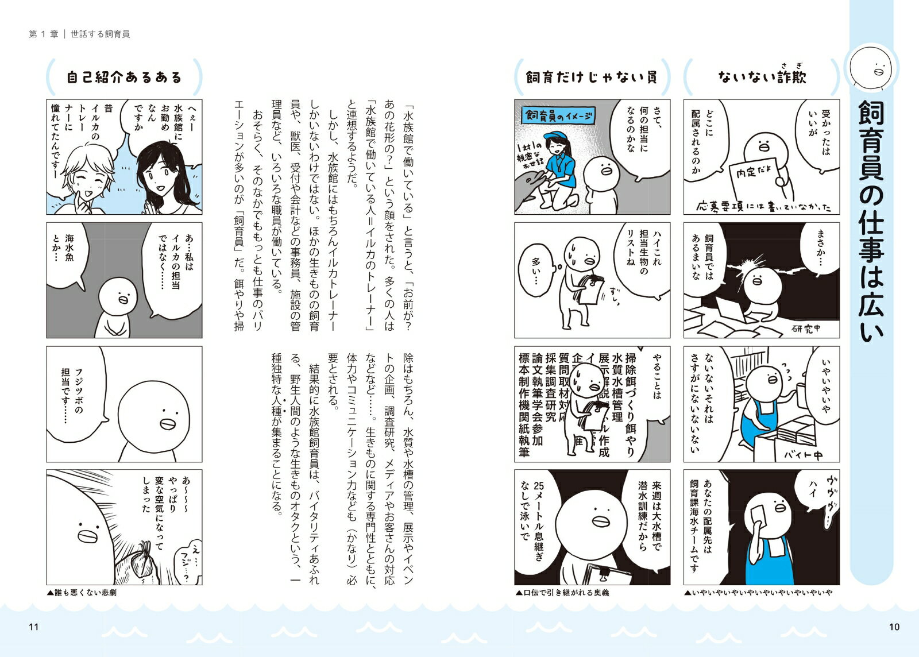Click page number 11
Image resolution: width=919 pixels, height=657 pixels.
[x=34, y=627]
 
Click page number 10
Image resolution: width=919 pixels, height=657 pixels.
[x=894, y=627]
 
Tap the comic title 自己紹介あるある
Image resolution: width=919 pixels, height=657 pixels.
[x=124, y=77]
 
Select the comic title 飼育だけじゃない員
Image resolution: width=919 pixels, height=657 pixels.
[x=592, y=77]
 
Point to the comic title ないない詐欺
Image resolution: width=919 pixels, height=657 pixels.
[x=762, y=76]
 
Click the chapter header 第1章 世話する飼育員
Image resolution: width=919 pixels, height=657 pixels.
[x=79, y=34]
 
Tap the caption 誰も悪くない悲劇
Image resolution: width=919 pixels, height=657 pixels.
[x=82, y=593]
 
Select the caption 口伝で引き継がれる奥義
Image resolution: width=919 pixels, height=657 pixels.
[x=562, y=593]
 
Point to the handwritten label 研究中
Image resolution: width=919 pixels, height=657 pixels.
[x=806, y=328]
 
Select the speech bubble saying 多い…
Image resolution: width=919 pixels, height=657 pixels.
[x=536, y=270]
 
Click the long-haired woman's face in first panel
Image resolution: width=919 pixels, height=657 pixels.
[x=157, y=176]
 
